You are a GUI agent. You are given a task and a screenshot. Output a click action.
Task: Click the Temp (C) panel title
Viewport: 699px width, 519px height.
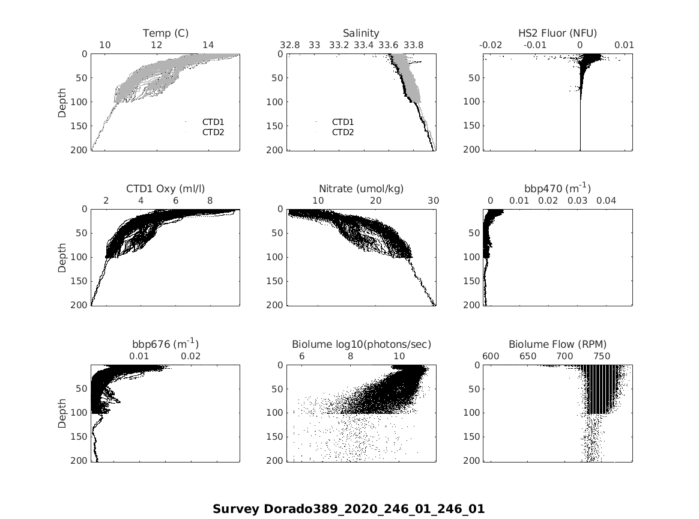tap(166, 33)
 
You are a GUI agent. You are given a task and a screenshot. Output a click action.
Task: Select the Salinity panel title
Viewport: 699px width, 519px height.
tap(361, 33)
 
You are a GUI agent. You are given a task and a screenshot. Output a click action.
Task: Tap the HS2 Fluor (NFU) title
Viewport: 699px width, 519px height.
tap(557, 33)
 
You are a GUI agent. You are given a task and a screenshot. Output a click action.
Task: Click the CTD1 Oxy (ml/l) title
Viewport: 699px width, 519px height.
tap(166, 189)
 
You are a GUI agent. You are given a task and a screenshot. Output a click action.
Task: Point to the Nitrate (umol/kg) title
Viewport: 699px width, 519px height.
tap(361, 189)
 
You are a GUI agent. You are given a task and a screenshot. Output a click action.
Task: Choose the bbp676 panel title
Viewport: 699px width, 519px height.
tap(166, 344)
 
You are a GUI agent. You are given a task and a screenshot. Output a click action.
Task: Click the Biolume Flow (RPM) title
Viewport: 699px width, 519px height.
tap(557, 344)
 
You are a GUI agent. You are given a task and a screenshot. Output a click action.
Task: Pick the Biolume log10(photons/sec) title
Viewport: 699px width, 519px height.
tap(361, 344)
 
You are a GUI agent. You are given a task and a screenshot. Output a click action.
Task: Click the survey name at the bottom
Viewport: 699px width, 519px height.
tap(348, 509)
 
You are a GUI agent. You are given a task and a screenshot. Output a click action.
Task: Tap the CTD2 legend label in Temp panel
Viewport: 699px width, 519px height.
tap(213, 132)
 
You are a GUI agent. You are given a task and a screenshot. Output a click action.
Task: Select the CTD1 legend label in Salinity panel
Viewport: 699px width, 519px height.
tap(343, 122)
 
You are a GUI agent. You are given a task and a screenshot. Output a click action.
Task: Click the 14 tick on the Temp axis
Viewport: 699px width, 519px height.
tap(208, 45)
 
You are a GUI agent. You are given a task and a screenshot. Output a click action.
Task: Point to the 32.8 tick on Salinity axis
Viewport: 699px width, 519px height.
tap(289, 45)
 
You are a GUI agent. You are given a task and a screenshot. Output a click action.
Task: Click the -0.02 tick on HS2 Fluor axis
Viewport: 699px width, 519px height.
tap(491, 45)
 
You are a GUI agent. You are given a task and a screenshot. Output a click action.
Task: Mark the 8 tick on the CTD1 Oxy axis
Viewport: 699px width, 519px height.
tap(210, 201)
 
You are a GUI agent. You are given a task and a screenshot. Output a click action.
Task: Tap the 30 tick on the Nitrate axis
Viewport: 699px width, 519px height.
tap(433, 201)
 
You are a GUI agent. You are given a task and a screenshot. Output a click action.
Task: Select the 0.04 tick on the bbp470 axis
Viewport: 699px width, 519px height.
tap(607, 201)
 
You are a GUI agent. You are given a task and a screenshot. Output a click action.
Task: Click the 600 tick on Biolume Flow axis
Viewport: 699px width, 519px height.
tap(491, 356)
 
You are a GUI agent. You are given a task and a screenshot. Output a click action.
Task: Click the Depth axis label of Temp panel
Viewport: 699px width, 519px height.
tap(62, 102)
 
